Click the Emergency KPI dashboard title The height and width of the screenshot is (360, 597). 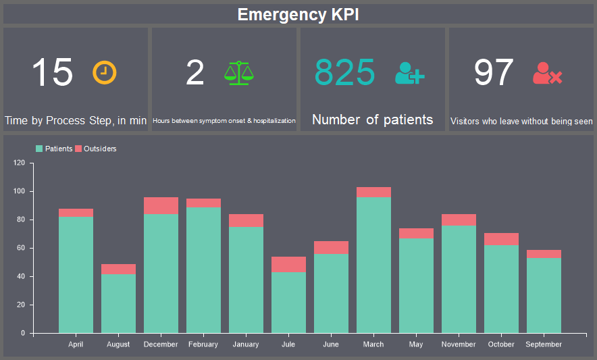(x=298, y=15)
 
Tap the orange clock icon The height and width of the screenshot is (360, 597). (x=105, y=72)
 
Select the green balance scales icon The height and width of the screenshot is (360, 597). (x=239, y=72)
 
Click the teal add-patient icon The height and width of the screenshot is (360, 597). (x=409, y=73)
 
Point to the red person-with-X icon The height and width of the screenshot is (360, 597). (x=547, y=73)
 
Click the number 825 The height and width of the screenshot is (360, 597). (x=345, y=72)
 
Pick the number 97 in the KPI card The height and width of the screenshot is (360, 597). (x=494, y=72)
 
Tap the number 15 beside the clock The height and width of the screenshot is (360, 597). (x=52, y=72)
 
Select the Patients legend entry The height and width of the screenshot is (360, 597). (x=54, y=149)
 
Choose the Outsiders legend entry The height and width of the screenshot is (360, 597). (x=95, y=149)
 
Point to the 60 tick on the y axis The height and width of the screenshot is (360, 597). (x=20, y=248)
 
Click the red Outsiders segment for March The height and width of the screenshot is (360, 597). (x=373, y=192)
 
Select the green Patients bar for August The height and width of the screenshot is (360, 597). (x=118, y=303)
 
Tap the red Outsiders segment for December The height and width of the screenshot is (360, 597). (x=161, y=205)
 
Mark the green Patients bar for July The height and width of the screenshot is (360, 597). (x=288, y=302)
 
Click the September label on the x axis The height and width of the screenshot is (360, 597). (x=544, y=344)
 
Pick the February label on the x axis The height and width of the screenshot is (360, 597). (x=203, y=344)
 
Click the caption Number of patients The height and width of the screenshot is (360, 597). (x=372, y=120)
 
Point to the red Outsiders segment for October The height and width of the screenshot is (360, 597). (x=501, y=239)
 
